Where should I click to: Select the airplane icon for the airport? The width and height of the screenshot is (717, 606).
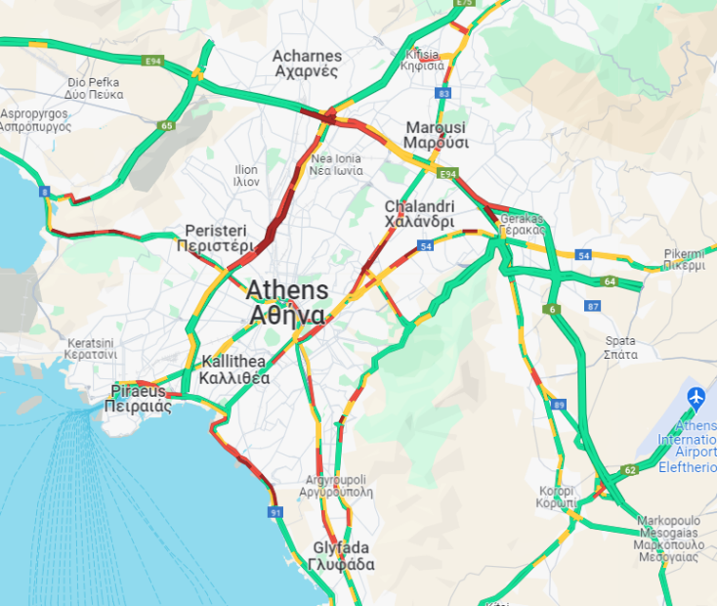[696, 398]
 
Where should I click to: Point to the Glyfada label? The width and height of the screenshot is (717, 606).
[341, 556]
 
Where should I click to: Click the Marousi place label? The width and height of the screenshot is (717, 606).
[436, 135]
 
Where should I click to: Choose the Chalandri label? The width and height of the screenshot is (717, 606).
[419, 214]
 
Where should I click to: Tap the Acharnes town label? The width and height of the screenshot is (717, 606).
[306, 64]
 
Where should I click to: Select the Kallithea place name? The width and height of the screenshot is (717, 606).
[234, 369]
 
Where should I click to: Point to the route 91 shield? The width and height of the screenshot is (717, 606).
[275, 512]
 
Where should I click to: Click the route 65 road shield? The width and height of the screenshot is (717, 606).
[167, 125]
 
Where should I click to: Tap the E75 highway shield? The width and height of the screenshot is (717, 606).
[464, 4]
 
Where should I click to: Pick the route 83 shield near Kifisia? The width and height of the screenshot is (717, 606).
[444, 93]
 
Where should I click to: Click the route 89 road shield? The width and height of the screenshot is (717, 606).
[559, 405]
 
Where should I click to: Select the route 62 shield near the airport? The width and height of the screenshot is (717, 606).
[630, 470]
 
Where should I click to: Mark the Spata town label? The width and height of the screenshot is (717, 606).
[620, 348]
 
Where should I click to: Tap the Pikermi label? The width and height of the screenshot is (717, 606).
[684, 258]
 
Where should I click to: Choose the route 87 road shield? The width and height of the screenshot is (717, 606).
[592, 306]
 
